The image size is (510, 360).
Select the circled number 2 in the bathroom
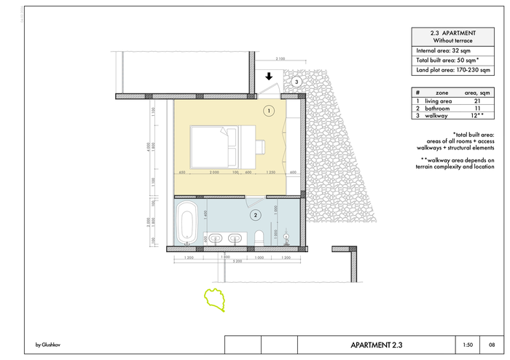(255, 215)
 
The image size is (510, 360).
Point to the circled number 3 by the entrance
(297, 82)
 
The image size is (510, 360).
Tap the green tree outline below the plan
(216, 299)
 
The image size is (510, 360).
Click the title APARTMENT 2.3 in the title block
(376, 345)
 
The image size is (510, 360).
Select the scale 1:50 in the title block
(467, 345)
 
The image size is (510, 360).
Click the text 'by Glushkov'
(48, 345)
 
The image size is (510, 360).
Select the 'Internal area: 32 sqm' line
(447, 50)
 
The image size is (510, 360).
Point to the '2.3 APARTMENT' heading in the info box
(454, 33)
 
